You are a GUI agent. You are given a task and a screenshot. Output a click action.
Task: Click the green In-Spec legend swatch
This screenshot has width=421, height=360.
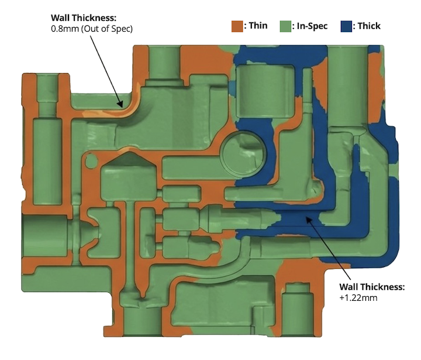click(x=285, y=26)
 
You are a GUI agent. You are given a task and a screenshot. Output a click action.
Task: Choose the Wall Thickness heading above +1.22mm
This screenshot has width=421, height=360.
click(x=372, y=287)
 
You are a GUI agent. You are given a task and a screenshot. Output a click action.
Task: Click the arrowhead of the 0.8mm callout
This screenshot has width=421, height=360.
click(x=121, y=106)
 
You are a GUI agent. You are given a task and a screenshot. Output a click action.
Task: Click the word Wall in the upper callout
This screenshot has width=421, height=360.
click(x=62, y=18)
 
